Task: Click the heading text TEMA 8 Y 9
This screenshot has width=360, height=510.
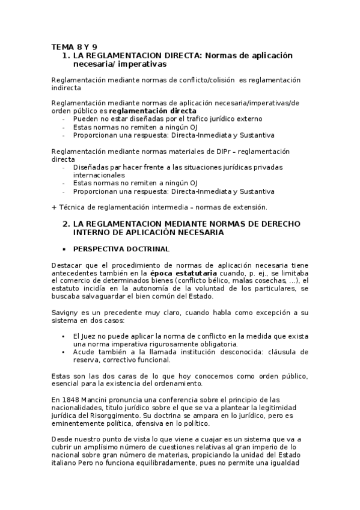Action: point(75,46)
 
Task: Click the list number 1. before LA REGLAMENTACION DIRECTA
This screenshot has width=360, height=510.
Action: point(66,55)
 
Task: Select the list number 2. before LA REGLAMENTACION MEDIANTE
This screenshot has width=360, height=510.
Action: point(66,224)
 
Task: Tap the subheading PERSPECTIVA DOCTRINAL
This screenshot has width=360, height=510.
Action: point(121,249)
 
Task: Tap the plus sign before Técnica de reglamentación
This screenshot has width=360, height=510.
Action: point(54,207)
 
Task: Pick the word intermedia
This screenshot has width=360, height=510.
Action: point(168,207)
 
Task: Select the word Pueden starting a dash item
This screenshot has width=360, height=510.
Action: point(85,120)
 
